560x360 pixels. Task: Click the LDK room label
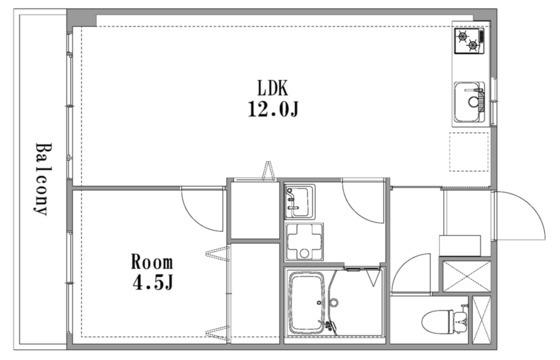[x=272, y=88]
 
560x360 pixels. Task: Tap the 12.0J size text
[x=273, y=109]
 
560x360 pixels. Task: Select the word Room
[x=152, y=262]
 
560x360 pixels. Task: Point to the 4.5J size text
[x=153, y=282]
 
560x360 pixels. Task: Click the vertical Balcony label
[x=44, y=179]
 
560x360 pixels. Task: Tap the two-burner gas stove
[x=469, y=41]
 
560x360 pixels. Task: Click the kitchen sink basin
[x=470, y=102]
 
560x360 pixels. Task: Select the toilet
[x=444, y=320]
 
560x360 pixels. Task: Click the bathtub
[x=307, y=302]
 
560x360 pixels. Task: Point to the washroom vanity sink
[x=299, y=202]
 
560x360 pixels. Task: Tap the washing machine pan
[x=304, y=242]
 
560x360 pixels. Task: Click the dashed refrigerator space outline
[x=469, y=152]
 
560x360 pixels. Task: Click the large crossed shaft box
[x=467, y=276]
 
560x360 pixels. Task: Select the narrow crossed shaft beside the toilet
[x=482, y=320]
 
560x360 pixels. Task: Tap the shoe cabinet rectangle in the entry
[x=460, y=245]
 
